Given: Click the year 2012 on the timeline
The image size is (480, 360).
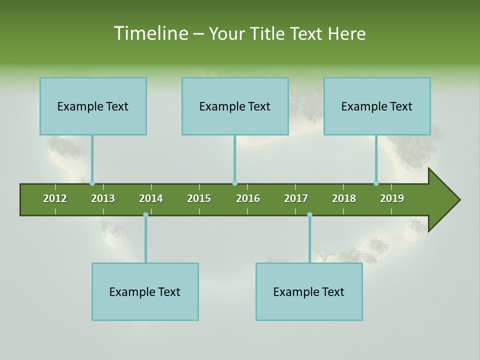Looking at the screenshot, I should (x=55, y=198).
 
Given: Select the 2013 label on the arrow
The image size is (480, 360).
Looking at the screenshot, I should (x=103, y=198).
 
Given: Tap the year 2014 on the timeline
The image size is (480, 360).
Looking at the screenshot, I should (x=151, y=198).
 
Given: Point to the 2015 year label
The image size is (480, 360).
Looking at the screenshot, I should (x=199, y=198).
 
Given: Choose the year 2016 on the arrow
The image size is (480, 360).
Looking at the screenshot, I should (x=248, y=198).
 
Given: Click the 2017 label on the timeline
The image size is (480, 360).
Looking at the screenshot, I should (x=296, y=198).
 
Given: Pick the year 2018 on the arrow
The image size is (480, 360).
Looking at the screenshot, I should (x=344, y=198).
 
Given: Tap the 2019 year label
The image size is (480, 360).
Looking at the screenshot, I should (x=392, y=198).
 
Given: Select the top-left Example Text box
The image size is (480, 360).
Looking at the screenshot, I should (x=93, y=106).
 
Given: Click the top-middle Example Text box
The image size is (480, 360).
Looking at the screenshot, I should (x=235, y=106).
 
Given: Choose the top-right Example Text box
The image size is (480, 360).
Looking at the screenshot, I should (x=377, y=106).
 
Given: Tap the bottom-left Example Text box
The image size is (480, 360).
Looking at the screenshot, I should (x=145, y=291).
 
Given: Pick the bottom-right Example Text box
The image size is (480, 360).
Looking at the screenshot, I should (x=309, y=291).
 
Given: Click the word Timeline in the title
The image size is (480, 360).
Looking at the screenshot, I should (x=150, y=33).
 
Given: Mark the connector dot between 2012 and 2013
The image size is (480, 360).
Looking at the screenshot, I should (x=92, y=183).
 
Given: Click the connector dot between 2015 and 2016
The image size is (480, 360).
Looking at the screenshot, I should (x=234, y=183).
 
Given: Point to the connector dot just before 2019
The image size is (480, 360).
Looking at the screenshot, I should (x=376, y=183).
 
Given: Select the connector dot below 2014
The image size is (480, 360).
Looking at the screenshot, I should (x=145, y=215).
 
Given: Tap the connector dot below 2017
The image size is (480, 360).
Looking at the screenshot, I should (x=309, y=215).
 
